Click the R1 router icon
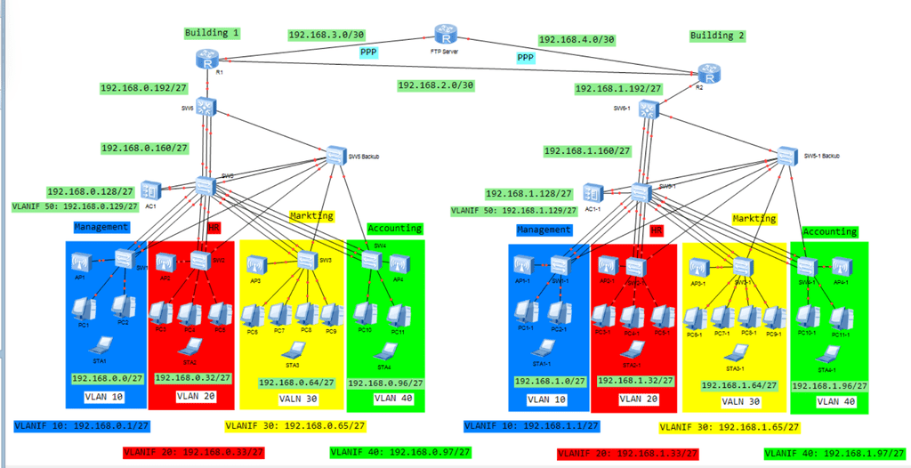point(208,59)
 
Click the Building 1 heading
point(212,33)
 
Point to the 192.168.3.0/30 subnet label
point(327,36)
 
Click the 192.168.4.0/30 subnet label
point(577,40)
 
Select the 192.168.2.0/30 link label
point(435,85)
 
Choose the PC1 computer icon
point(85,308)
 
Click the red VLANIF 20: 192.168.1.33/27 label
point(627,454)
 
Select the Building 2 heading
point(717,36)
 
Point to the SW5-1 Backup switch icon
point(787,155)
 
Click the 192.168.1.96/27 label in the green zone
point(829,385)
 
